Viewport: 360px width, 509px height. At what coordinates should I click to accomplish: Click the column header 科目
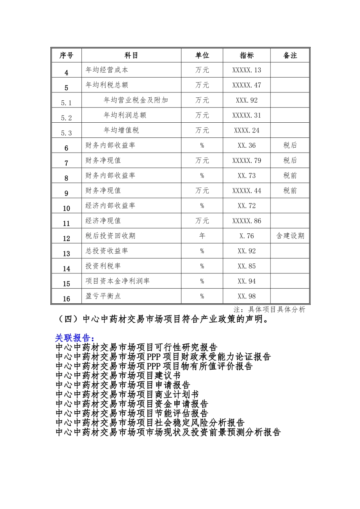[131, 55]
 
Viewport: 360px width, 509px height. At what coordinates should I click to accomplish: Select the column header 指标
[247, 55]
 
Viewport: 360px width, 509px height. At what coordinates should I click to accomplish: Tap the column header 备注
[290, 55]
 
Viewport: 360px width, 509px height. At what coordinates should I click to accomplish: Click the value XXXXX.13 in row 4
[247, 70]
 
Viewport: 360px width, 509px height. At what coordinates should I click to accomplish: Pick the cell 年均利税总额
[107, 85]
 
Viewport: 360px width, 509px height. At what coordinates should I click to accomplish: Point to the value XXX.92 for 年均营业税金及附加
[247, 100]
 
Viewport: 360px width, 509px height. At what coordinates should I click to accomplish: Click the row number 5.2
[66, 118]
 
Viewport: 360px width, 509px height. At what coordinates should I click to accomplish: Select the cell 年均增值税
[121, 130]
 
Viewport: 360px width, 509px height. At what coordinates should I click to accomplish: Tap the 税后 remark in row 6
[290, 145]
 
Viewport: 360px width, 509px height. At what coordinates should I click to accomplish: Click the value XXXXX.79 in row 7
[247, 161]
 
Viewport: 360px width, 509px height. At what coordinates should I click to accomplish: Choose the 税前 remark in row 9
[290, 190]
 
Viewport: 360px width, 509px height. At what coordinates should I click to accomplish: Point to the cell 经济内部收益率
[110, 206]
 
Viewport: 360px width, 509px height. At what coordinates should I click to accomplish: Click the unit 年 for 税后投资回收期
[202, 236]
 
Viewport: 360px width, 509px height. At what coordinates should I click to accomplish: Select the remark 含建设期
[290, 236]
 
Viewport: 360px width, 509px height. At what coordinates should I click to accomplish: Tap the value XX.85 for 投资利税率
[247, 266]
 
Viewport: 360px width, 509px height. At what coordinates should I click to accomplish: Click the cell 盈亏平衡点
[103, 296]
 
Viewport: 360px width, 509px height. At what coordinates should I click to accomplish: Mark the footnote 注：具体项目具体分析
[269, 309]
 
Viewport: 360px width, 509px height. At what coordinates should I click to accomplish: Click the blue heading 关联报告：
[74, 338]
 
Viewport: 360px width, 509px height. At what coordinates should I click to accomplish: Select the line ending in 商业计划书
[127, 394]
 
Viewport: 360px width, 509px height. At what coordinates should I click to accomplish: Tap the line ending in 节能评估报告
[131, 413]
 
